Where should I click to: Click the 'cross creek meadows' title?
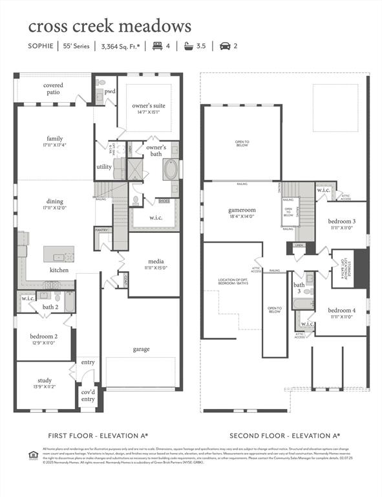pyautogui.click(x=109, y=26)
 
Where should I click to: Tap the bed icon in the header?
pyautogui.click(x=157, y=46)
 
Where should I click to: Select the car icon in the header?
pyautogui.click(x=225, y=46)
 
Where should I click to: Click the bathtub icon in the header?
pyautogui.click(x=189, y=46)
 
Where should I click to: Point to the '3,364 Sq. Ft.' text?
pyautogui.click(x=120, y=46)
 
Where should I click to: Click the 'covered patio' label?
pyautogui.click(x=53, y=89)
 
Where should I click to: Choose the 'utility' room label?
pyautogui.click(x=104, y=167)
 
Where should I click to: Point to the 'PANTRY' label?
pyautogui.click(x=101, y=230)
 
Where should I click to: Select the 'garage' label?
pyautogui.click(x=141, y=349)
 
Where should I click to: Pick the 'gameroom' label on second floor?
pyautogui.click(x=243, y=211)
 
